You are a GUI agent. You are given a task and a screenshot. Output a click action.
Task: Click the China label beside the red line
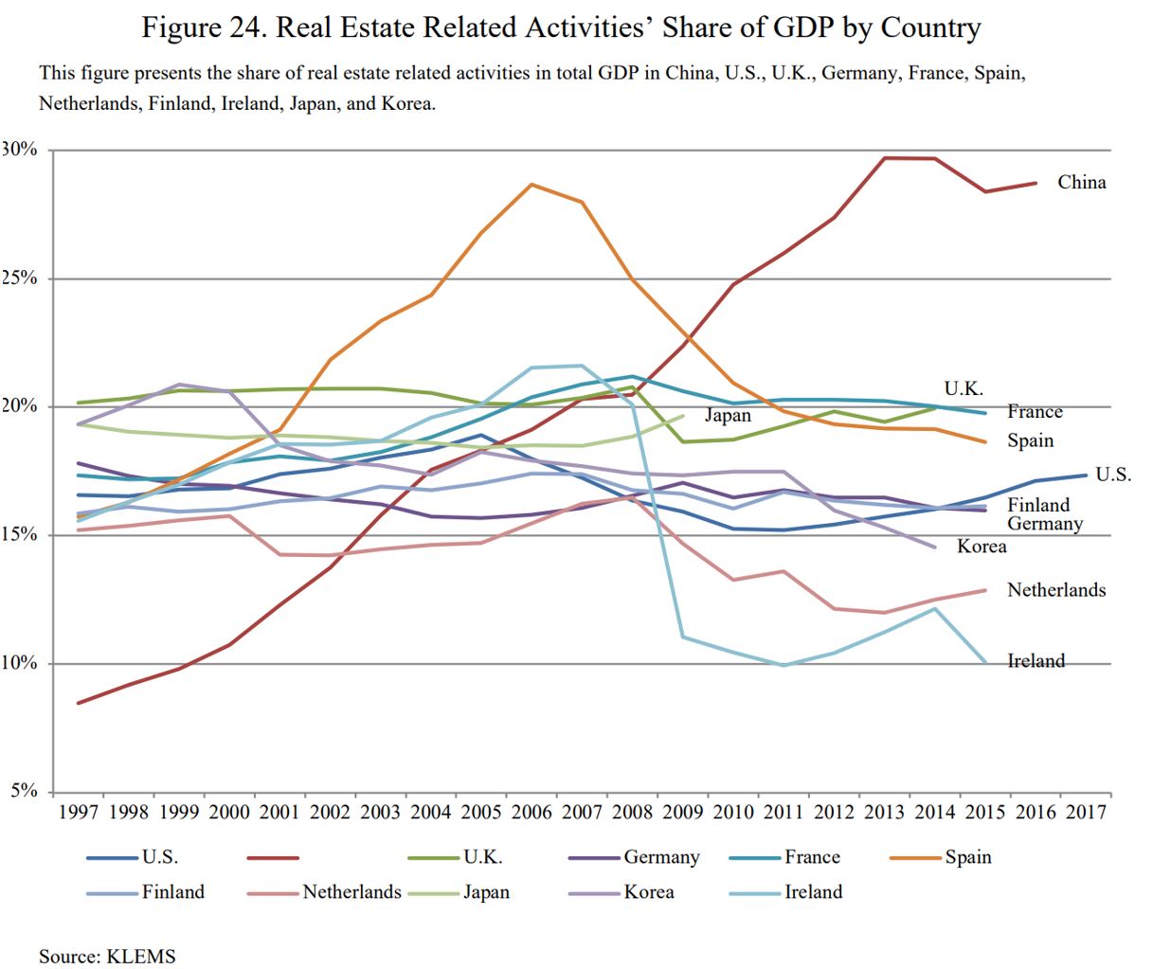point(1081,183)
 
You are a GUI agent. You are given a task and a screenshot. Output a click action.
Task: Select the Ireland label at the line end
point(1036,661)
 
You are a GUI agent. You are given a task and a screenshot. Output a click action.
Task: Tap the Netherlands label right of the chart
point(1055,590)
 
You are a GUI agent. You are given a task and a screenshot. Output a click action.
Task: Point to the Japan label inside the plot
point(727,416)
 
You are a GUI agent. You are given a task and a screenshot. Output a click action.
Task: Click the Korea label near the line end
point(982,547)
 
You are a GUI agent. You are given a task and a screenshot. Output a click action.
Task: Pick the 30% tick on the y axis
point(20,150)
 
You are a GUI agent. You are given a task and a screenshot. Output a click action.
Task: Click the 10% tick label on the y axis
point(20,663)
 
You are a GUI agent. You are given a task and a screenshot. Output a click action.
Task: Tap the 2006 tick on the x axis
point(531,812)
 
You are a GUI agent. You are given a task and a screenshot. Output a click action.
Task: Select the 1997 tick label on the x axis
point(79,812)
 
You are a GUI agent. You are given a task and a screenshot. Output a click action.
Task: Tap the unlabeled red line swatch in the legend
point(273,858)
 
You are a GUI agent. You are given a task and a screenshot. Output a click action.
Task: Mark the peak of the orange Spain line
point(531,184)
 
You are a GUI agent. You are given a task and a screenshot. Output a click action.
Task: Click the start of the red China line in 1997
point(79,703)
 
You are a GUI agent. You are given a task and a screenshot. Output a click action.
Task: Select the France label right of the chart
point(1035,412)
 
